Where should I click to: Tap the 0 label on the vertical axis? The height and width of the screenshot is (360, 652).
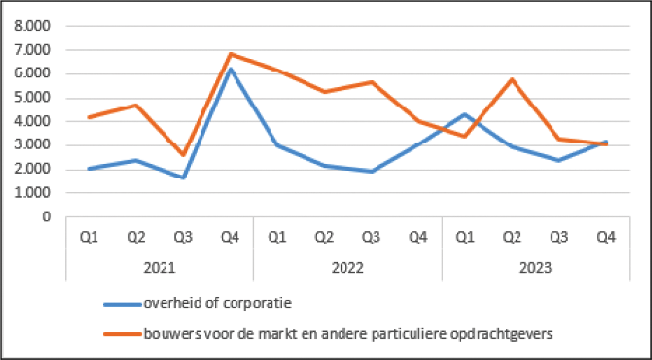(47, 217)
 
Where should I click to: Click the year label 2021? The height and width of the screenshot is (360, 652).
(160, 268)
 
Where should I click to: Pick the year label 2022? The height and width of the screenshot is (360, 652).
(347, 268)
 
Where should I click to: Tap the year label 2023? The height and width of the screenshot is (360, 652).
(536, 268)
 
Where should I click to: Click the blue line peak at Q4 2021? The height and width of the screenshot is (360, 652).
(230, 69)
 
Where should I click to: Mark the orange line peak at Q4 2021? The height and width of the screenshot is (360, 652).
(230, 54)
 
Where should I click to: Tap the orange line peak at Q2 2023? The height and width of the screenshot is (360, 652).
(512, 79)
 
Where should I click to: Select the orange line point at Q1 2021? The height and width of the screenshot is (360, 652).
(89, 117)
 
